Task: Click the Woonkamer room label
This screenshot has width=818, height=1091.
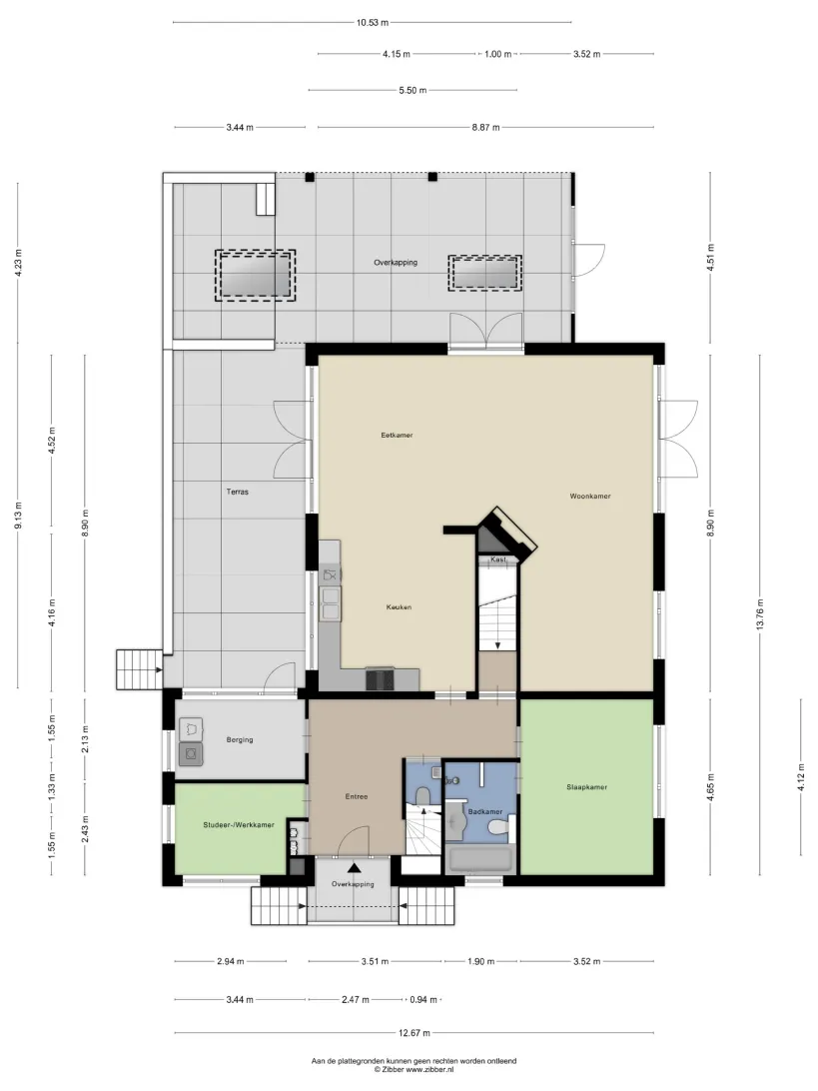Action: click(x=590, y=497)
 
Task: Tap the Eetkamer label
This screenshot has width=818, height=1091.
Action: click(x=397, y=435)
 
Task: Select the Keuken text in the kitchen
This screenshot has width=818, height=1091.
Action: click(x=399, y=606)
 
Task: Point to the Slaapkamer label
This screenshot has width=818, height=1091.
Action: click(x=586, y=787)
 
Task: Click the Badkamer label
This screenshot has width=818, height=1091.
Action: click(x=484, y=811)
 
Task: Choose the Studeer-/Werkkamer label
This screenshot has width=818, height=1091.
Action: click(x=239, y=824)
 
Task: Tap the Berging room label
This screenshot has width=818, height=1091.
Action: click(x=240, y=739)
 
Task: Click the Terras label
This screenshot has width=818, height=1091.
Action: click(x=237, y=492)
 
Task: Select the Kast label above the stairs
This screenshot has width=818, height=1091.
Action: click(x=498, y=559)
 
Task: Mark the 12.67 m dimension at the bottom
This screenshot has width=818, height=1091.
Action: click(x=413, y=1033)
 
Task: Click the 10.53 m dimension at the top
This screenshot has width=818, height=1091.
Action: click(x=373, y=22)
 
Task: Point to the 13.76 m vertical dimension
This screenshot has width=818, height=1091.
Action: click(x=760, y=614)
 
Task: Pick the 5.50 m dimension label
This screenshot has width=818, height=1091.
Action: click(x=412, y=90)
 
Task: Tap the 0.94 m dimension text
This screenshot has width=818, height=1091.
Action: click(x=423, y=999)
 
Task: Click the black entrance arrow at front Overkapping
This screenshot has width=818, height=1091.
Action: click(x=354, y=867)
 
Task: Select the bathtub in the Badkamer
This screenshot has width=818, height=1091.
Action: click(x=480, y=858)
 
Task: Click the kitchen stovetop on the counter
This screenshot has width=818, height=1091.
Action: click(x=380, y=678)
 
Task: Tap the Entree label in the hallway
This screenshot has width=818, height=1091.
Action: click(x=357, y=796)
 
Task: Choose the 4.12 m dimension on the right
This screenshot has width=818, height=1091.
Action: click(x=801, y=777)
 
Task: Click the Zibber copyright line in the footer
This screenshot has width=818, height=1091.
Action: click(x=413, y=1069)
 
